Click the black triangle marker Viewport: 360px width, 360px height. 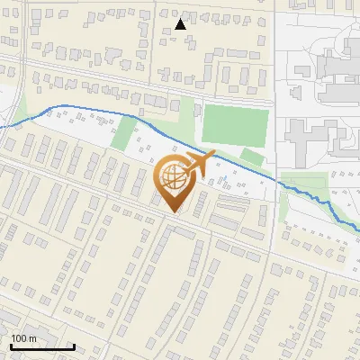(x=181, y=24)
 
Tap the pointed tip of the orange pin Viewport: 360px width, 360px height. (x=175, y=212)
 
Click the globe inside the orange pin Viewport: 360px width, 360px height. (x=172, y=177)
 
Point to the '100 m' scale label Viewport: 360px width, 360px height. (x=23, y=338)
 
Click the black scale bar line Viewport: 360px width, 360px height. (x=41, y=346)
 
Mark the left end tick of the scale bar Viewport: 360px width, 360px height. (x=10, y=345)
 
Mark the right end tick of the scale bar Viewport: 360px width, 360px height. (x=74, y=345)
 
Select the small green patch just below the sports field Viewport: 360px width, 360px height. (x=253, y=157)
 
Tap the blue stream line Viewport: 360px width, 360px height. (x=90, y=111)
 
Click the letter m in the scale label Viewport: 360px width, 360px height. (x=32, y=338)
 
